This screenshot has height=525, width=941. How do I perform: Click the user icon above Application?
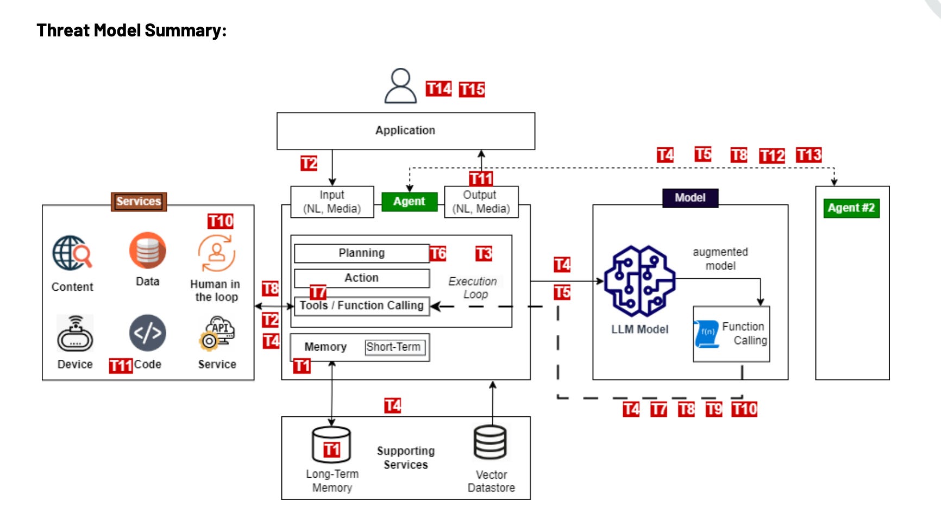tap(400, 86)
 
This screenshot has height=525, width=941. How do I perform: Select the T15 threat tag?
tap(472, 89)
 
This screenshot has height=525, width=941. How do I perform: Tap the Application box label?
tap(405, 130)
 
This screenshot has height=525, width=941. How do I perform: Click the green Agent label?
tap(409, 202)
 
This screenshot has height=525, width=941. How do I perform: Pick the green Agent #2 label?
tap(851, 208)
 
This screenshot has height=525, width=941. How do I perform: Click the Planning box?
tap(362, 253)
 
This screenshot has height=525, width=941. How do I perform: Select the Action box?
tap(362, 278)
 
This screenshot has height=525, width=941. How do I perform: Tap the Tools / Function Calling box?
tap(362, 305)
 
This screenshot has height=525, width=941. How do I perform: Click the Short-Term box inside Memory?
tap(393, 347)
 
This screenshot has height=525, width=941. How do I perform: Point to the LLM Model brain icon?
tap(639, 281)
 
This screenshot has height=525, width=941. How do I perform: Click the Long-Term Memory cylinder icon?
tap(331, 445)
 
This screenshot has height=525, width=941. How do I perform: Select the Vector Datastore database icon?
tap(490, 442)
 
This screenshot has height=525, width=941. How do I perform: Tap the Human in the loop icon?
tap(216, 253)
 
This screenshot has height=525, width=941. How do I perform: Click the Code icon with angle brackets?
tap(147, 333)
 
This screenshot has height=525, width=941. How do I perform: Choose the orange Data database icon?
tap(147, 251)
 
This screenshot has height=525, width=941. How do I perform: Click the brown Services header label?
tap(139, 202)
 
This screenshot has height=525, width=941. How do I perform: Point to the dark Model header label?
tap(690, 198)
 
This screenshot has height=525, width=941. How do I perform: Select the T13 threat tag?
tap(808, 155)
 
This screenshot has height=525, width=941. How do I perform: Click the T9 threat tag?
tap(713, 409)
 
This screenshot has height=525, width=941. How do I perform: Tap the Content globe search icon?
tap(72, 253)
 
